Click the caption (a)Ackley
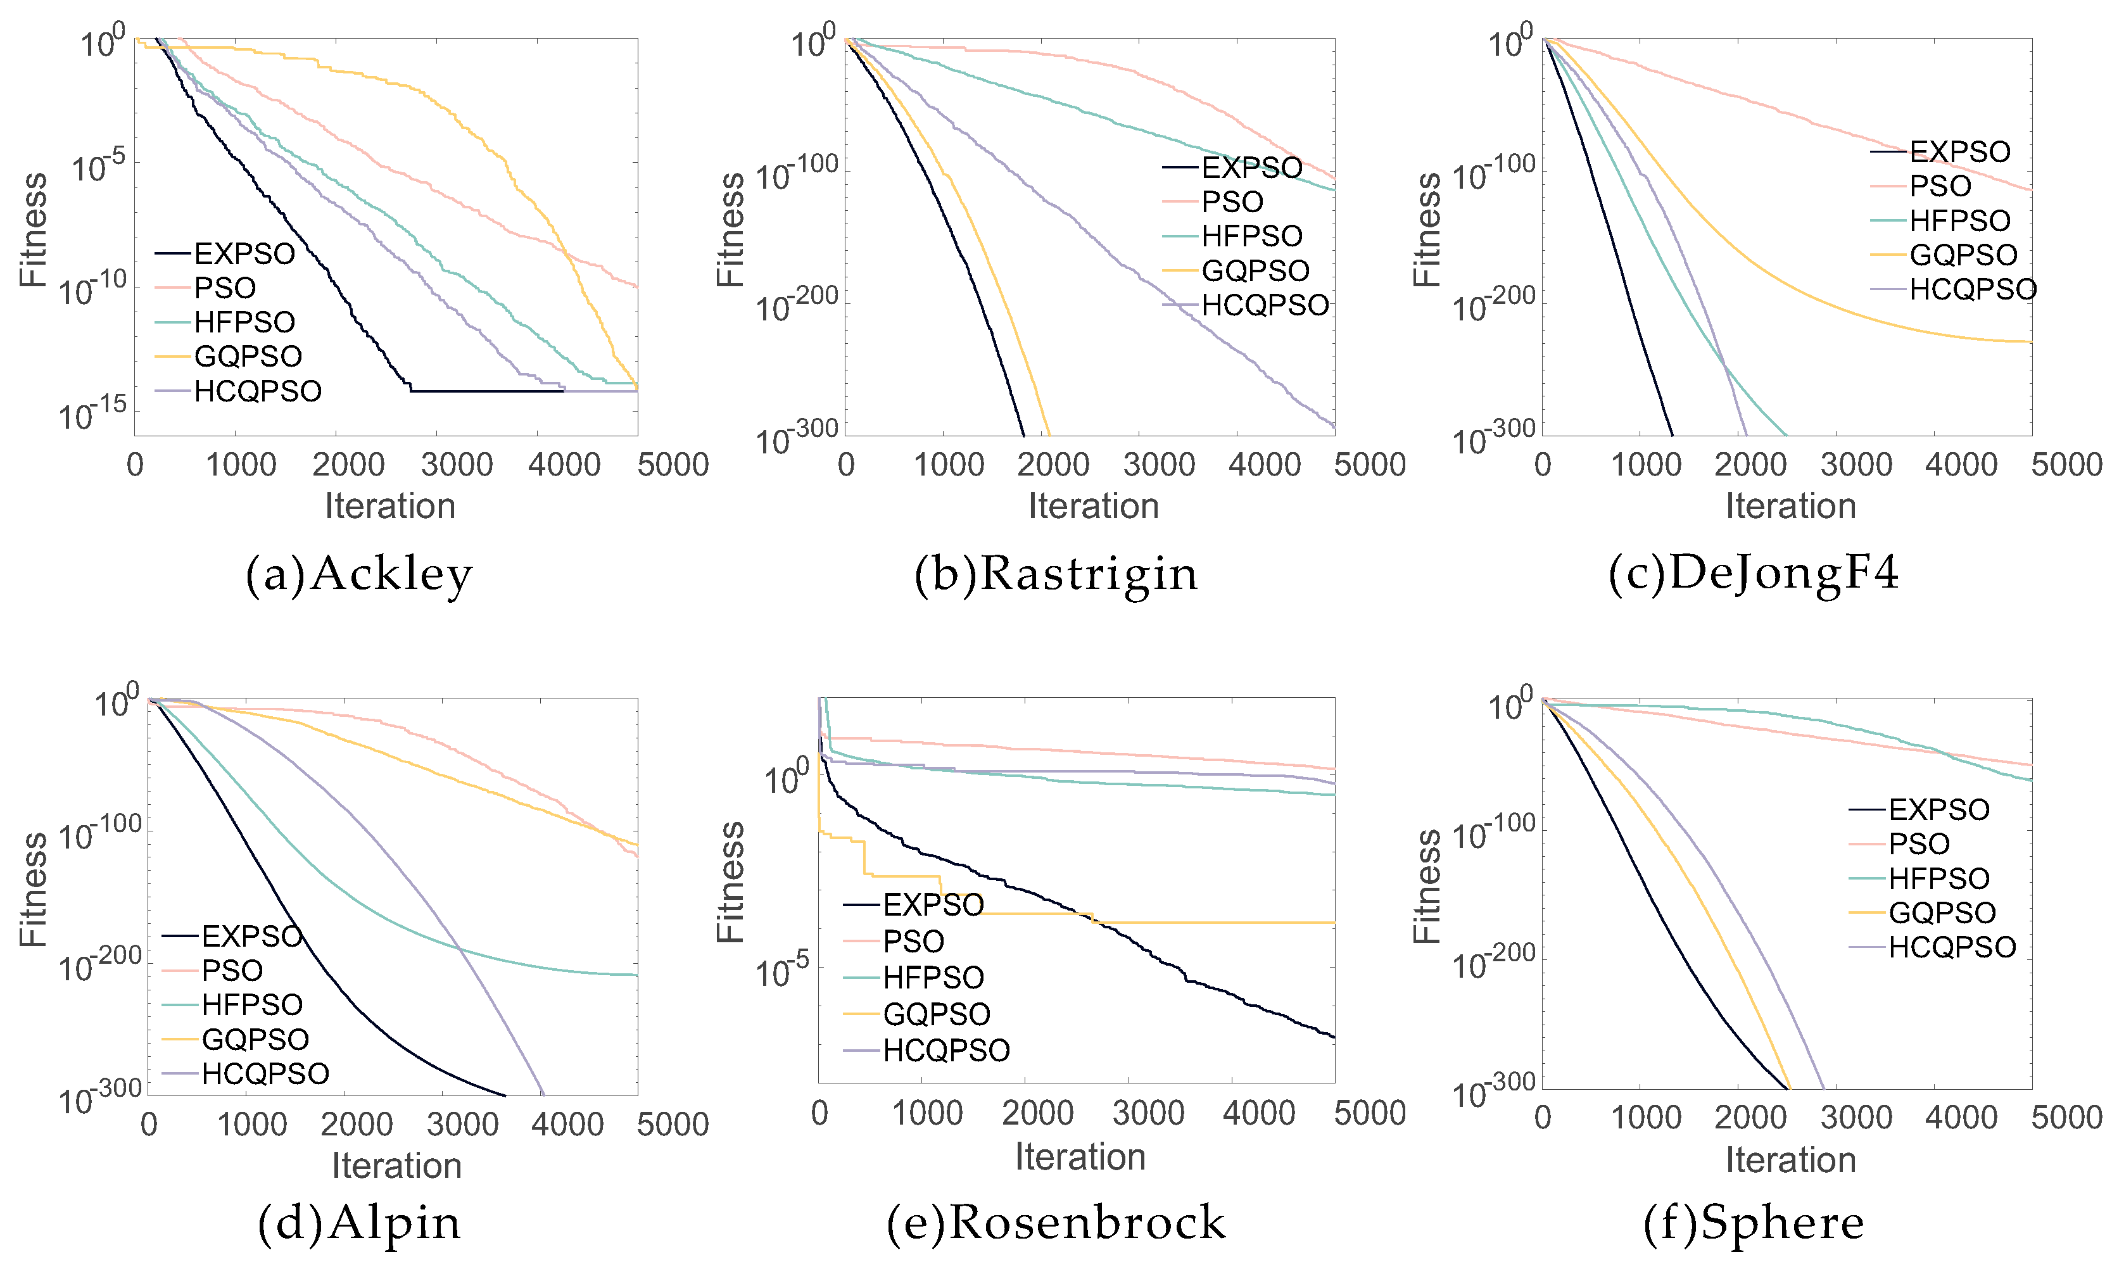click(x=358, y=574)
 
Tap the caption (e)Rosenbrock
click(x=1056, y=1222)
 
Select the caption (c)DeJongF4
click(x=1754, y=573)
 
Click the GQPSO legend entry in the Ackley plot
click(x=248, y=356)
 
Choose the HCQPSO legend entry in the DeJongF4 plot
click(x=1973, y=289)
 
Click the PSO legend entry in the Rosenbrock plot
click(x=913, y=942)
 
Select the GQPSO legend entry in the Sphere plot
click(x=1942, y=912)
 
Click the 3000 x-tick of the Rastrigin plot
click(x=1159, y=464)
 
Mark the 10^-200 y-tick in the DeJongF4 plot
click(x=1493, y=303)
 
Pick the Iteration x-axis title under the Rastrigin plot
click(x=1093, y=506)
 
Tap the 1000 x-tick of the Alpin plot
click(x=252, y=1125)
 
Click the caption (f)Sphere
click(x=1754, y=1222)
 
